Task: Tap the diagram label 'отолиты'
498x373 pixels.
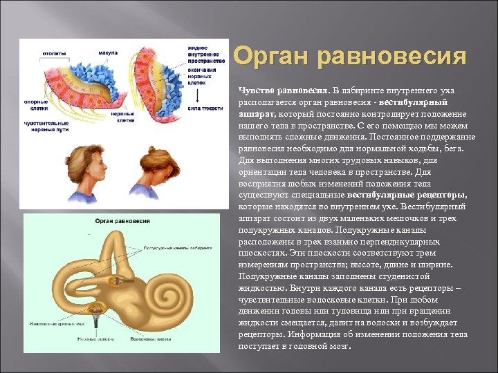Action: [55, 52]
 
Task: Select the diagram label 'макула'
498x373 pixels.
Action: [107, 52]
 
